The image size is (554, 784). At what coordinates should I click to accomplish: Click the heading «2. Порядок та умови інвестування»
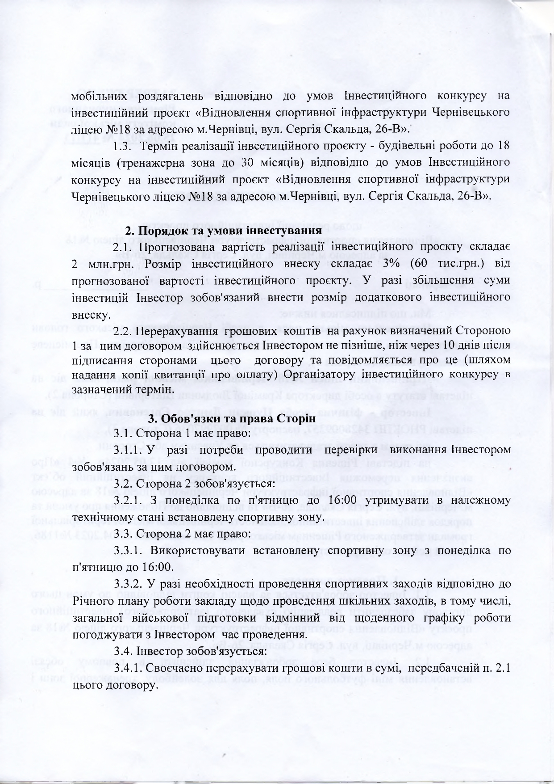click(223, 231)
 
